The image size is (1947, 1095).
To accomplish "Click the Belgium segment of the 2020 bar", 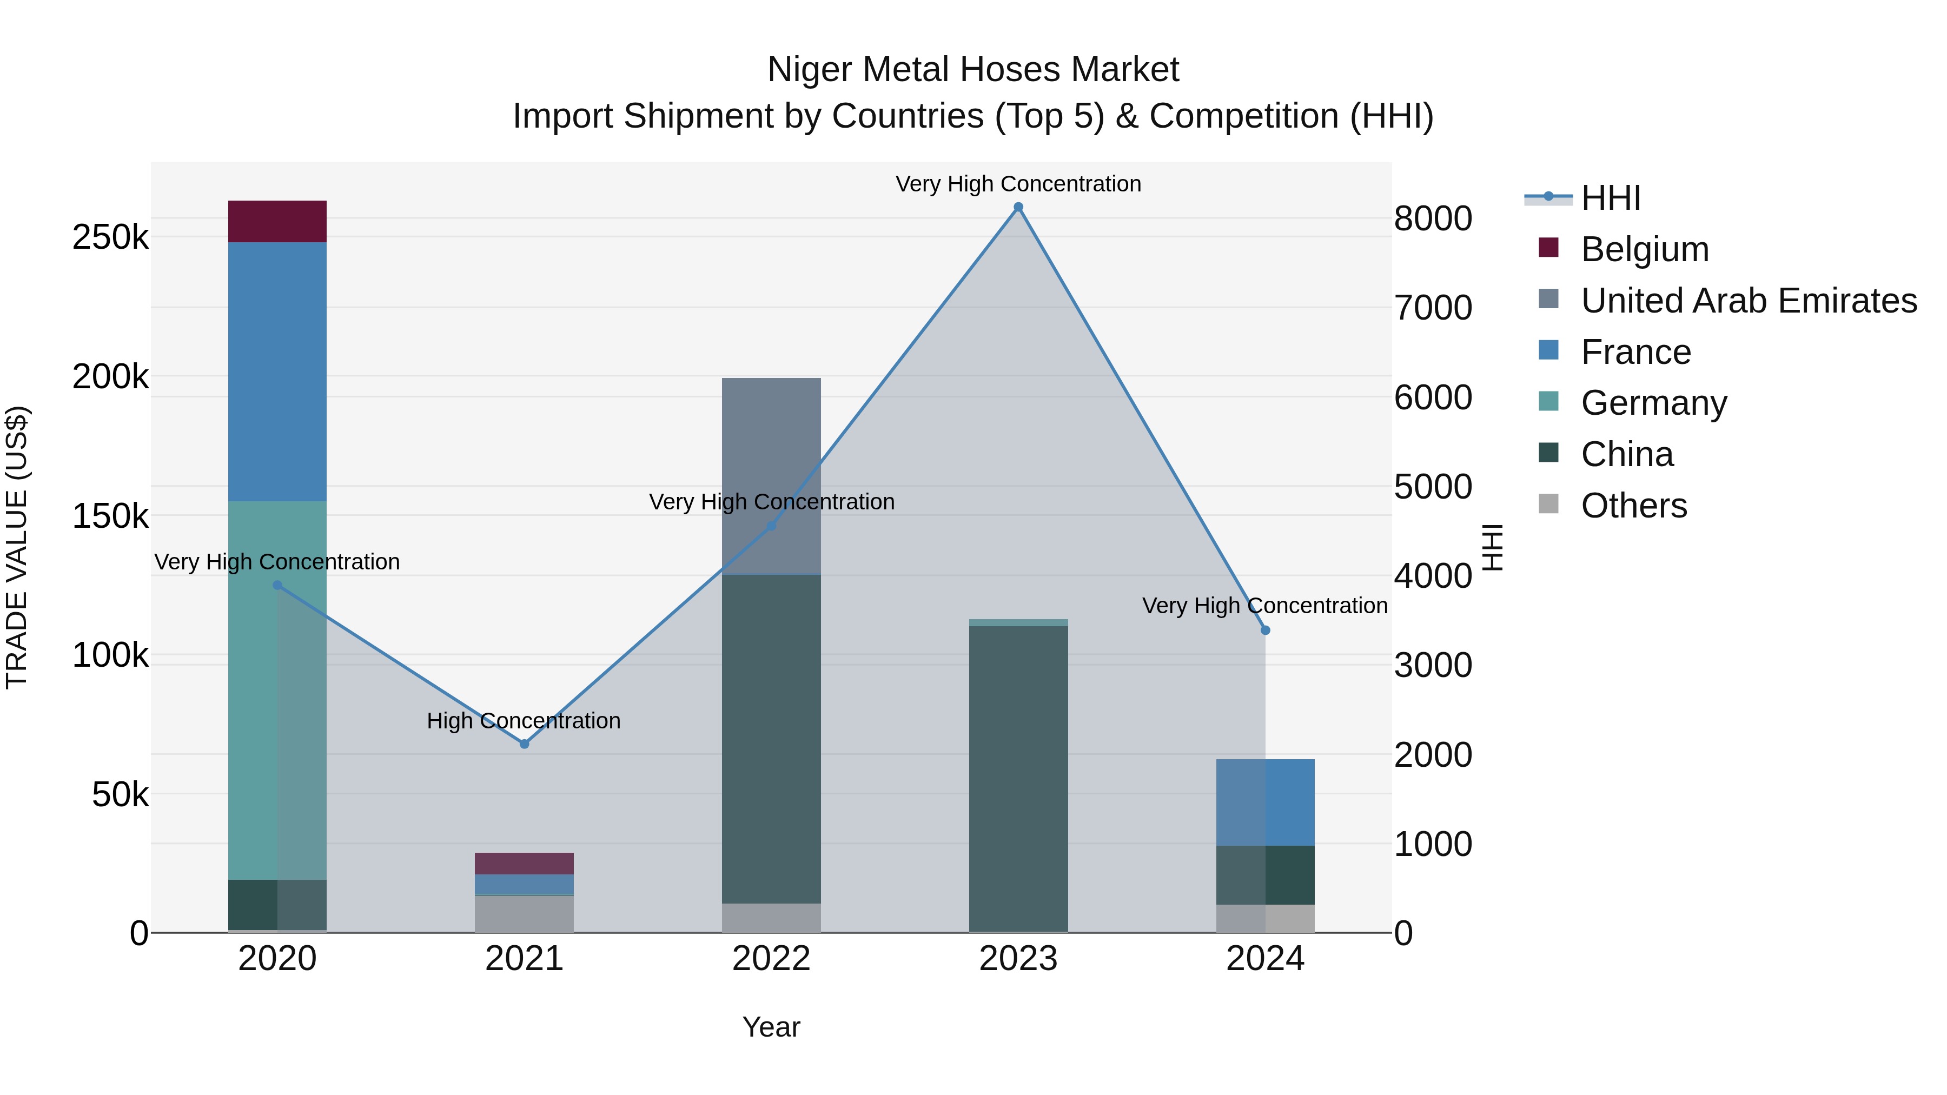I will coord(277,221).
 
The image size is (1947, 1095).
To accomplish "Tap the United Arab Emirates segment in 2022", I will coord(771,475).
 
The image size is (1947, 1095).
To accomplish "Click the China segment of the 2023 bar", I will coord(1018,778).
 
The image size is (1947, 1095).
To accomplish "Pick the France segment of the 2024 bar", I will coord(1265,802).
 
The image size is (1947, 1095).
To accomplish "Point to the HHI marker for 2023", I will coord(1018,207).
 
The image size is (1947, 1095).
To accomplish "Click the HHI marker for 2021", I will coord(525,744).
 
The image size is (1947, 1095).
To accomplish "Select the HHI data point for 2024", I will coord(1265,631).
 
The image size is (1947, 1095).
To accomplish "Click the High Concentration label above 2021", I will coord(524,721).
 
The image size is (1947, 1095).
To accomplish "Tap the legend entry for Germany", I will coord(1654,403).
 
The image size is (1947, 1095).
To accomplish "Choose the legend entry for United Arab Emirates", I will coord(1748,301).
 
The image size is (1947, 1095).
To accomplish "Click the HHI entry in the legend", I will coord(1610,198).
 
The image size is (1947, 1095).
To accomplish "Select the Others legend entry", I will coord(1633,506).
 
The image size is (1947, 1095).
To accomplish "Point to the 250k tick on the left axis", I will coord(110,237).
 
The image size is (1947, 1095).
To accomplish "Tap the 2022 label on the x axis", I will coord(771,959).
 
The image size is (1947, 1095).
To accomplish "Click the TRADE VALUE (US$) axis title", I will coord(17,547).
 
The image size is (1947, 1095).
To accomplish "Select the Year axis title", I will coord(771,1027).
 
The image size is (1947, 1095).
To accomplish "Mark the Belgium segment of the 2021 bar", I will coord(525,863).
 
